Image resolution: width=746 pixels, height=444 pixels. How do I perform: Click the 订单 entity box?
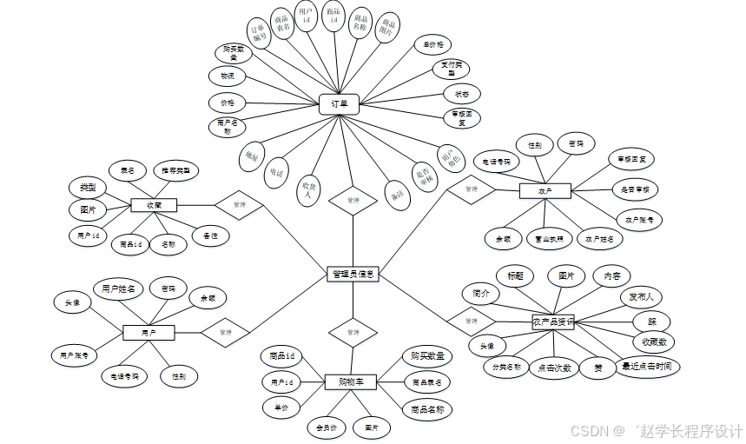(339, 104)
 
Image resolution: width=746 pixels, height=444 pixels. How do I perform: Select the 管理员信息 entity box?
(353, 274)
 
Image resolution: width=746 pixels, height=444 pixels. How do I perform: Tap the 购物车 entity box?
(350, 381)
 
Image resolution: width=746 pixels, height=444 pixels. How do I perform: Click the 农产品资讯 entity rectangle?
(553, 321)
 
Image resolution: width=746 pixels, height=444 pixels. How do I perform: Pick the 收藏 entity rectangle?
(154, 205)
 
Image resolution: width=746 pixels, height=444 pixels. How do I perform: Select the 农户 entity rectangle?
(544, 189)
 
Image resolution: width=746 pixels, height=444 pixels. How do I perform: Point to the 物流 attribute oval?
(228, 76)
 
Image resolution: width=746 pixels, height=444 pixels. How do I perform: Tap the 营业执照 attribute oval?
(548, 237)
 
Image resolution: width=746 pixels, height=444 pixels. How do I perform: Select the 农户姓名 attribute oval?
(599, 237)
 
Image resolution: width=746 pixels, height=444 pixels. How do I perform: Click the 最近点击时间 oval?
(645, 366)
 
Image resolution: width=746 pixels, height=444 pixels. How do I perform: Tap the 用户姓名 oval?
(118, 288)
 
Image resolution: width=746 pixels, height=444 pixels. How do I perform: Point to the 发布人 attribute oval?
(641, 296)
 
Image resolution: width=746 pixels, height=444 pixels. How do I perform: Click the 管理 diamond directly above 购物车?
(353, 332)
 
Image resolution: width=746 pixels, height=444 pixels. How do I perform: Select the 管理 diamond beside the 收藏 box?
(240, 205)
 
